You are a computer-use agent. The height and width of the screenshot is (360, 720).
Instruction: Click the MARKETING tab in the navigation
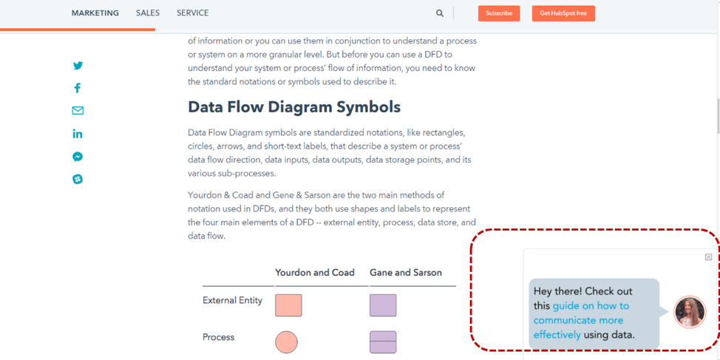click(95, 13)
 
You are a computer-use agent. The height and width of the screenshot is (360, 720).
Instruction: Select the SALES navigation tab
click(148, 13)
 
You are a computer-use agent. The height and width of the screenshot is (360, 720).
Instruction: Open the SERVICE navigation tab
click(192, 13)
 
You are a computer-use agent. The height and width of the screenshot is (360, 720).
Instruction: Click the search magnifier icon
click(440, 13)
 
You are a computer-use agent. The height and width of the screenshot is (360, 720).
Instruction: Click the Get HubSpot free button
click(563, 13)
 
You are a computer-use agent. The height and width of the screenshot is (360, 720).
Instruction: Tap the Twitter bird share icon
click(78, 66)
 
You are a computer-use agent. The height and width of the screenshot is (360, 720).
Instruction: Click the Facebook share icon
click(78, 88)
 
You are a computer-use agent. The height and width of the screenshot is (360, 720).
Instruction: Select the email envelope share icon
click(78, 111)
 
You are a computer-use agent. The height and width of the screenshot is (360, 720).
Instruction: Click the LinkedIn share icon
click(78, 134)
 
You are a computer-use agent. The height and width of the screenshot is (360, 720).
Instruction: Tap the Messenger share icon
click(78, 157)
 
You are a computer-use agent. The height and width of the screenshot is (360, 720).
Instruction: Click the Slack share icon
click(78, 179)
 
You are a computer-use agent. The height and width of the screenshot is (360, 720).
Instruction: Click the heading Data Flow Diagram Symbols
click(294, 107)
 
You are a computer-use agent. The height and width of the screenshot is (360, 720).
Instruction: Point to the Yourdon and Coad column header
click(315, 273)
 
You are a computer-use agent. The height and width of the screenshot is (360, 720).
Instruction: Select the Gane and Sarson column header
click(405, 273)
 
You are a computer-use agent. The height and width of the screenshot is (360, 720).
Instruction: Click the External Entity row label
click(232, 301)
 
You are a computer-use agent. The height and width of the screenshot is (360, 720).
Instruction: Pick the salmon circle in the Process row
click(286, 342)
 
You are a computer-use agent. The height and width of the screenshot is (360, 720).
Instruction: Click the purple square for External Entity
click(383, 305)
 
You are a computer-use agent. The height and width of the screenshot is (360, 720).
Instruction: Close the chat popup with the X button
click(708, 257)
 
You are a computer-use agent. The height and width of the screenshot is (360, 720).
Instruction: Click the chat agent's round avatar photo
click(690, 312)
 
